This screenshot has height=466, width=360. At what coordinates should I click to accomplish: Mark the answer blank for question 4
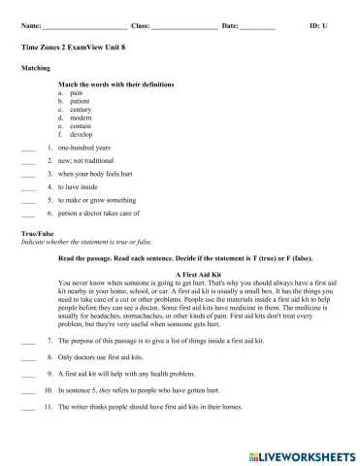tap(27, 185)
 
